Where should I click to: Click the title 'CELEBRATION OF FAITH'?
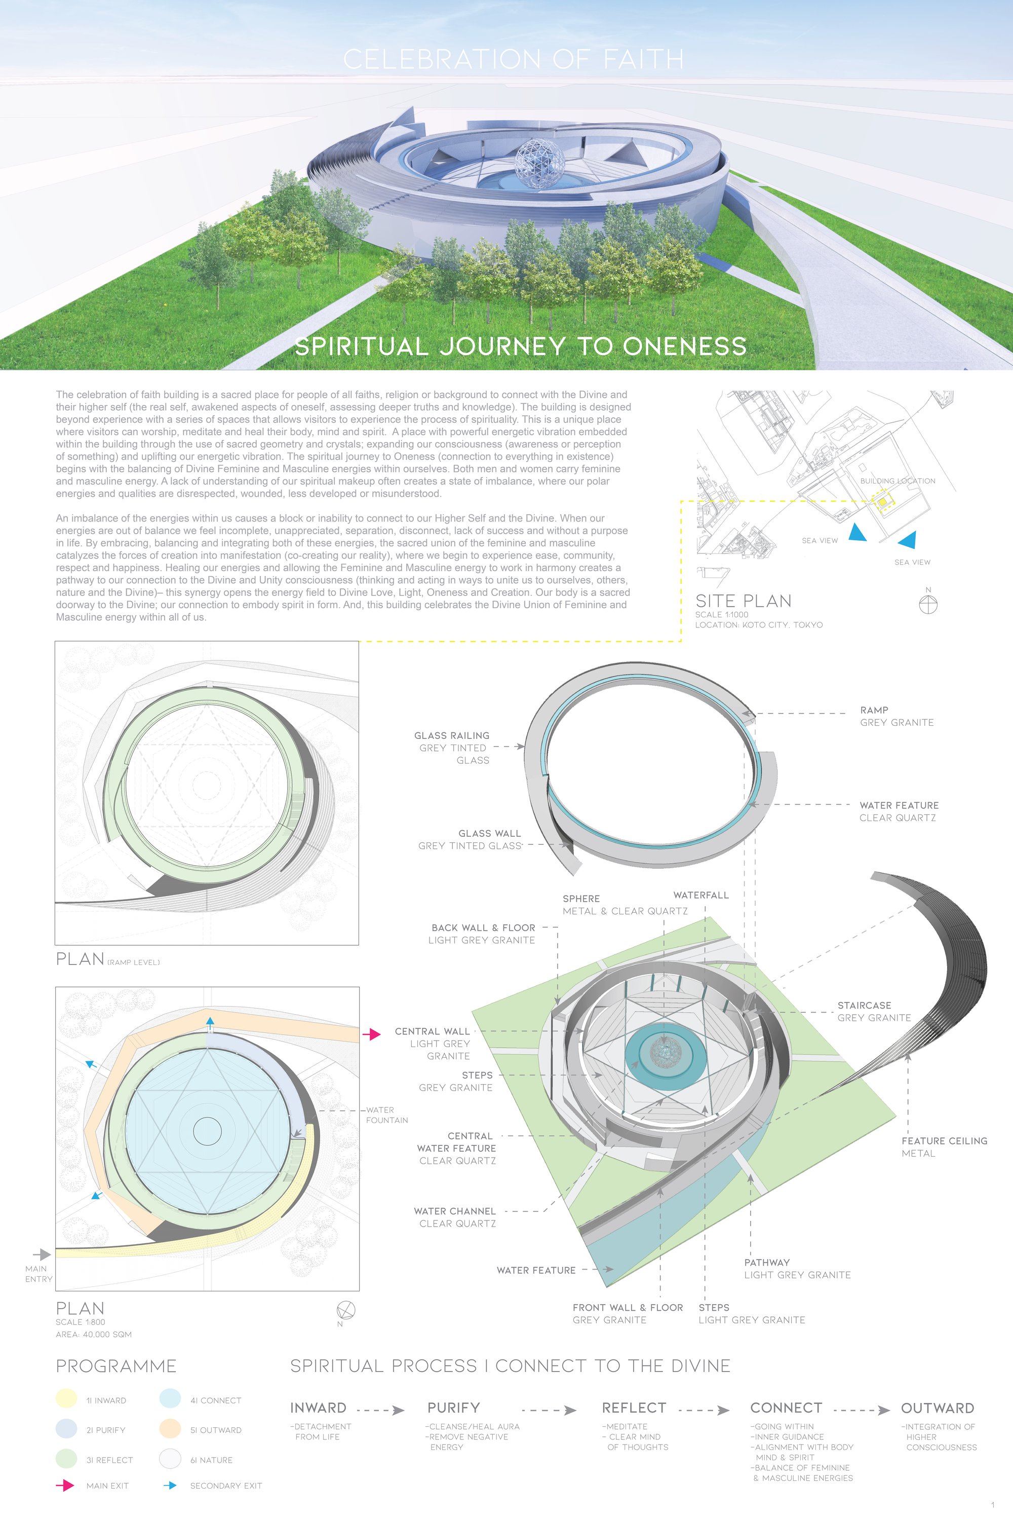point(513,59)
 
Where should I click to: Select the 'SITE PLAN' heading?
point(743,601)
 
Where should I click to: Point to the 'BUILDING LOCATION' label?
point(898,481)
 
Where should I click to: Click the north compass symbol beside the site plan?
point(928,604)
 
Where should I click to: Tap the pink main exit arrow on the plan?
point(371,1034)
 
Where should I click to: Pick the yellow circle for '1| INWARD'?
point(66,1399)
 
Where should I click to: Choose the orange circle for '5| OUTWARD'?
point(170,1429)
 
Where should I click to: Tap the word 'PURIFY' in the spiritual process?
point(453,1408)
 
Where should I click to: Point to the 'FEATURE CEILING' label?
point(944,1141)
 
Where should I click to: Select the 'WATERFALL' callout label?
point(701,895)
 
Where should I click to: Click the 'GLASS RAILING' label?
point(452,735)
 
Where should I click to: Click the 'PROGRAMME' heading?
point(116,1366)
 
